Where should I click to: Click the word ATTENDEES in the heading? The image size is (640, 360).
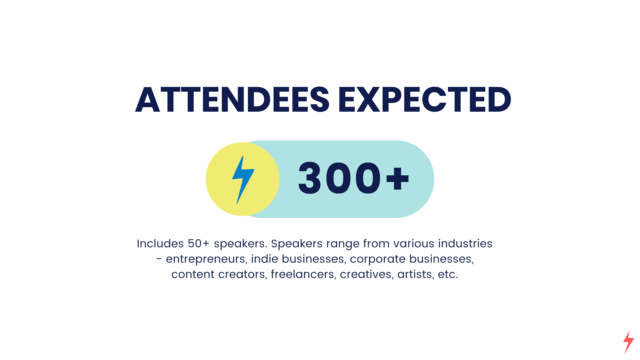232,100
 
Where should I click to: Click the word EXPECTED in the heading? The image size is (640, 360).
425,100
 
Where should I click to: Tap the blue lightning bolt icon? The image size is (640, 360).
243,180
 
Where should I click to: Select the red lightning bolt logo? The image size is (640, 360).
629,342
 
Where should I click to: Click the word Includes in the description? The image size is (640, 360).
160,244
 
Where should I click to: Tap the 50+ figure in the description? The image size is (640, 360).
199,244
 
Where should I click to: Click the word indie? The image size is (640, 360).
265,259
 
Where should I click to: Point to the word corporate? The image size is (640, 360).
378,259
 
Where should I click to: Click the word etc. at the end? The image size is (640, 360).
448,274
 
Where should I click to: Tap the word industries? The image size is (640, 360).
465,244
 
